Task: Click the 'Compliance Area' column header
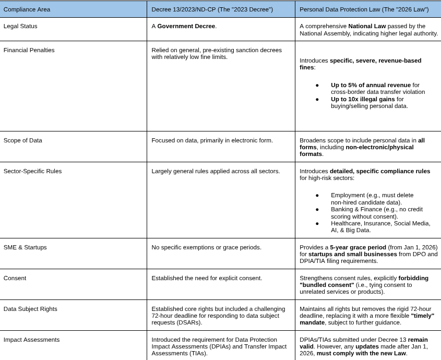click(27, 9)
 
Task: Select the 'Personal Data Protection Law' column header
click(364, 9)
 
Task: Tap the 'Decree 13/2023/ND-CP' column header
click(212, 9)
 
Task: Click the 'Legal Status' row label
click(20, 26)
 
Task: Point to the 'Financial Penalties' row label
click(29, 50)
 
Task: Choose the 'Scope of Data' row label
click(23, 140)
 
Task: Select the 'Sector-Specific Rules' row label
click(32, 171)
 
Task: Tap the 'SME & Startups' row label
click(25, 247)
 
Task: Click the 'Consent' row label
click(15, 278)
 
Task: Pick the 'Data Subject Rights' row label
click(30, 309)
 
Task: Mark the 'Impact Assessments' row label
click(31, 340)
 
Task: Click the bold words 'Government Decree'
click(186, 26)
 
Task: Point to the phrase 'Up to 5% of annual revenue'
click(371, 85)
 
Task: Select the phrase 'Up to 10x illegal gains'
click(363, 99)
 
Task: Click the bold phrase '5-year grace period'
click(358, 247)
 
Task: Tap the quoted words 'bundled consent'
click(327, 285)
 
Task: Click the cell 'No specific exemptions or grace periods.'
click(206, 247)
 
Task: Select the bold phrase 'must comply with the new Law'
click(361, 353)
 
